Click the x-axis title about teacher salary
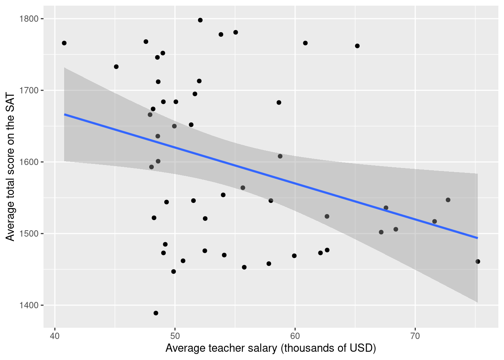point(270,348)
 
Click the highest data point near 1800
point(200,20)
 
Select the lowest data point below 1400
point(156,313)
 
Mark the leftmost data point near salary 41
point(64,43)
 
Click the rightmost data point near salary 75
point(478,261)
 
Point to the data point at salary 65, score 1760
point(357,46)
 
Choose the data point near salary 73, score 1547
point(448,200)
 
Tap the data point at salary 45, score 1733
point(116,67)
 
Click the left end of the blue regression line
point(65,114)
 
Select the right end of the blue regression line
point(477,238)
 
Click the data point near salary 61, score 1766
point(305,43)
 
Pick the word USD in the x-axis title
point(360,348)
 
